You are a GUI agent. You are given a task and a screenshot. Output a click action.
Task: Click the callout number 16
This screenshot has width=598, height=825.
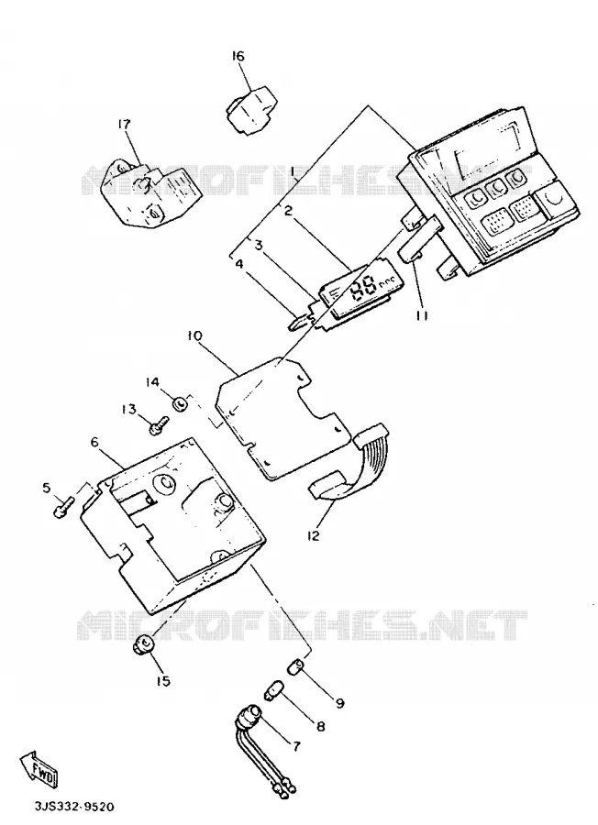(x=238, y=56)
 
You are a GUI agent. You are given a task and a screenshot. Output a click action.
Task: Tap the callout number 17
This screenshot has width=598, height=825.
(x=124, y=125)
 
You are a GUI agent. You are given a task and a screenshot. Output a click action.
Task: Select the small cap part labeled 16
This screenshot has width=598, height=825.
(x=251, y=107)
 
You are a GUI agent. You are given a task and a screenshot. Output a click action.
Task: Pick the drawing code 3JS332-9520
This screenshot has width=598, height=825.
(x=74, y=807)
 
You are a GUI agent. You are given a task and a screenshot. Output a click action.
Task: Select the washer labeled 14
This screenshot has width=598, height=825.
(x=181, y=404)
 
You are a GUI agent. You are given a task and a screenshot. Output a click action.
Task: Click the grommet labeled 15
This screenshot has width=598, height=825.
(x=144, y=644)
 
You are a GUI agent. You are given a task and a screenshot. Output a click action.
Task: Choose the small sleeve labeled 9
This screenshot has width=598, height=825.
(x=297, y=666)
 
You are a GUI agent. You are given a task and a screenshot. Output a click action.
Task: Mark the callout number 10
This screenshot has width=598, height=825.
(x=194, y=336)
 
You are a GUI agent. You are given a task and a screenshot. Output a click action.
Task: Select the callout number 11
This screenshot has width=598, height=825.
(x=422, y=315)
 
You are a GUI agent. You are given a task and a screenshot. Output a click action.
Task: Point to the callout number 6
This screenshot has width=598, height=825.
(x=94, y=443)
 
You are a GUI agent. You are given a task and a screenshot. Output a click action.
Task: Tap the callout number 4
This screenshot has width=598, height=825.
(x=239, y=264)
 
